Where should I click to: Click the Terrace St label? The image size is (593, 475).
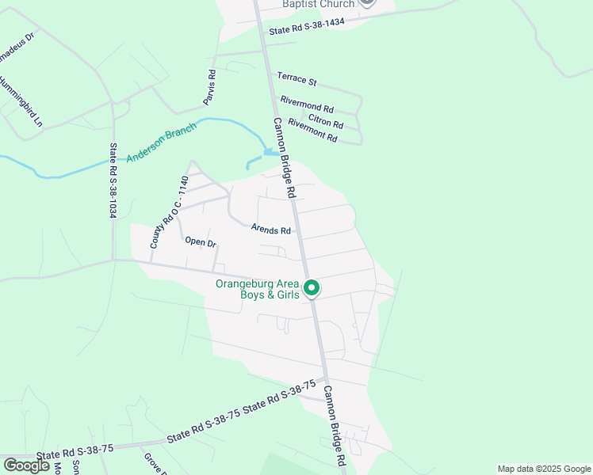(296, 79)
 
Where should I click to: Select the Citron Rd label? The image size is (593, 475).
(326, 120)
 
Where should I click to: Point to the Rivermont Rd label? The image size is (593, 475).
(312, 130)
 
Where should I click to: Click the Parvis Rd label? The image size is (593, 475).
(210, 87)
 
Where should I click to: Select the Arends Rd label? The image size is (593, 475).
(271, 230)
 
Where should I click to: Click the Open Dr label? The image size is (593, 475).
(201, 242)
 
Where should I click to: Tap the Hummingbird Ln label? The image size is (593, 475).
(21, 101)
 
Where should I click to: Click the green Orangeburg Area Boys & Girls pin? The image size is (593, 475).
(312, 288)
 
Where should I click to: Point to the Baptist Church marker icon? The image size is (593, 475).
(366, 2)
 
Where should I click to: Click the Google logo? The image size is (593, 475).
(26, 465)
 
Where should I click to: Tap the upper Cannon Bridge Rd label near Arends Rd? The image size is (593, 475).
(284, 158)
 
